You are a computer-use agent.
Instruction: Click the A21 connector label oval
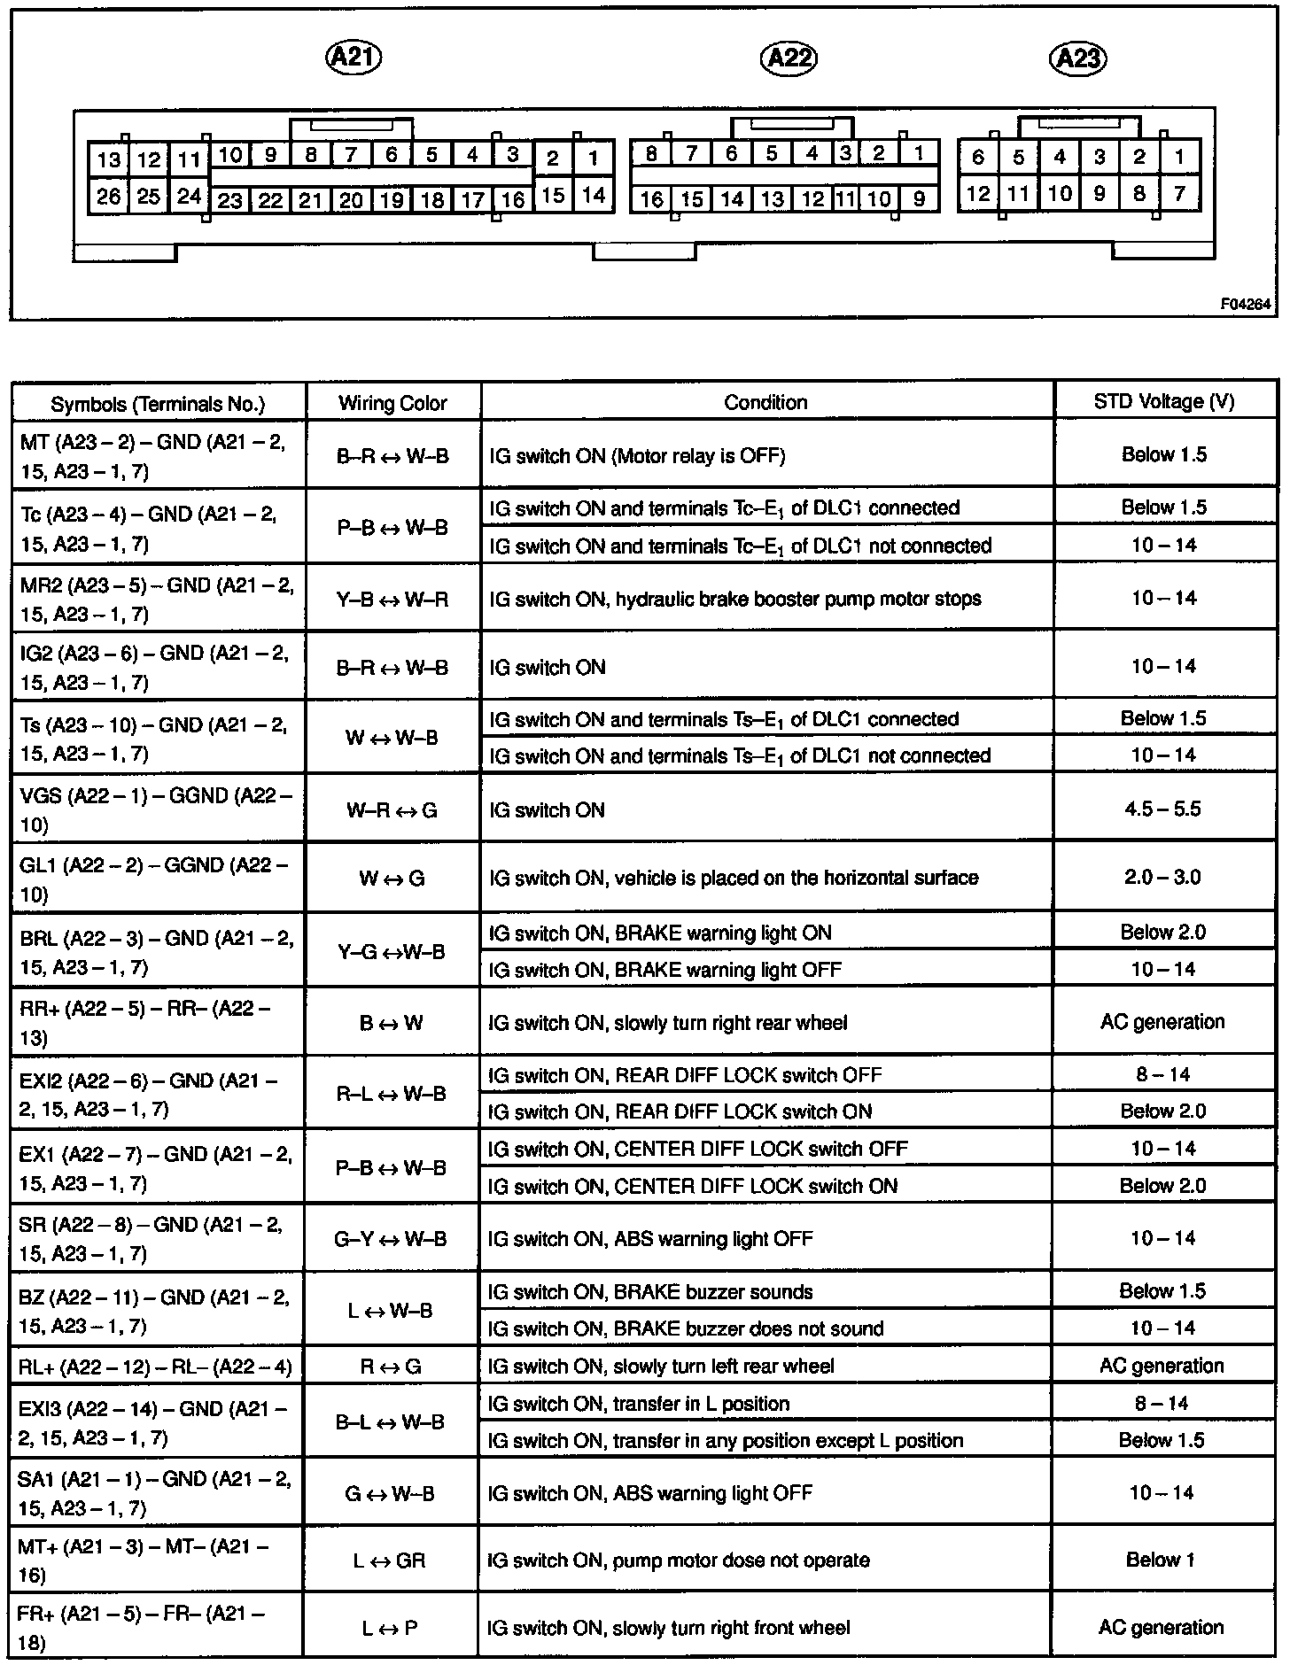[x=354, y=58]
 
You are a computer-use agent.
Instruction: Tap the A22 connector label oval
[x=789, y=58]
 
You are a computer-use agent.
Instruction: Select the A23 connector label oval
[x=1078, y=58]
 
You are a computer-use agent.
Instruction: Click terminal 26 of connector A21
[x=109, y=195]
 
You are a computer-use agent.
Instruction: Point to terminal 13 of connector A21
[x=109, y=159]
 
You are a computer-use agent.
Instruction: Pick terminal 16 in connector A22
[x=651, y=198]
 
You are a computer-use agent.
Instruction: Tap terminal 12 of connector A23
[x=978, y=193]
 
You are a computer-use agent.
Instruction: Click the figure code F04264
[x=1245, y=304]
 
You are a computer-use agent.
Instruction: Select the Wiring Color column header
[x=392, y=403]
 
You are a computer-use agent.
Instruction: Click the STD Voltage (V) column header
[x=1163, y=401]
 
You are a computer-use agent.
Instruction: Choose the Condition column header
[x=765, y=402]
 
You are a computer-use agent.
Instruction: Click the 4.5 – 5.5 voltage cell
[x=1162, y=809]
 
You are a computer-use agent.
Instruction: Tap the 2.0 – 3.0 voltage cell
[x=1162, y=877]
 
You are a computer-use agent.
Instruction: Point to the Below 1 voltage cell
[x=1161, y=1559]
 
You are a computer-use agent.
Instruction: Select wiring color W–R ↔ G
[x=392, y=809]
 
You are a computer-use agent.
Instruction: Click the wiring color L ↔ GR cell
[x=390, y=1560]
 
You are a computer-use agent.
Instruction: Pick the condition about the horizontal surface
[x=734, y=878]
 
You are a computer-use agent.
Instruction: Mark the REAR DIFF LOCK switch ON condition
[x=680, y=1111]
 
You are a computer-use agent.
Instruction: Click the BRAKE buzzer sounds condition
[x=650, y=1291]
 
